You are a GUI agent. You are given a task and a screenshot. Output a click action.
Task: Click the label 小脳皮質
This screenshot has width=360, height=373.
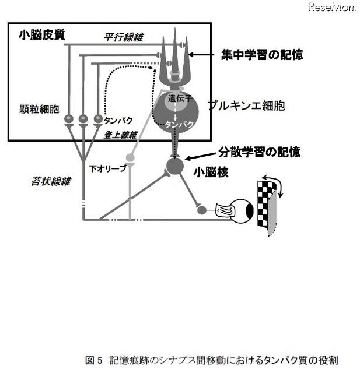click(42, 35)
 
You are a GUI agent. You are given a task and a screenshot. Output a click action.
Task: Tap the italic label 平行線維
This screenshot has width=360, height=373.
click(124, 37)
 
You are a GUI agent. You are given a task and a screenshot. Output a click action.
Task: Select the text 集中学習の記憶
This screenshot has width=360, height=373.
click(262, 54)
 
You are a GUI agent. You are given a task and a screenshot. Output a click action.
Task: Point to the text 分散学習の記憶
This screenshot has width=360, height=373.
click(260, 152)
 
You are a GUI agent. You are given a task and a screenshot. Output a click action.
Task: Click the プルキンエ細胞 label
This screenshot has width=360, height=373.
click(246, 105)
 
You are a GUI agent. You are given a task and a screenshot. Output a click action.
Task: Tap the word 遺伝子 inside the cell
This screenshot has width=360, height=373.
click(180, 98)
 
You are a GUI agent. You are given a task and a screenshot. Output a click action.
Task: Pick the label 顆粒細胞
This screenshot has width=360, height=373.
click(39, 109)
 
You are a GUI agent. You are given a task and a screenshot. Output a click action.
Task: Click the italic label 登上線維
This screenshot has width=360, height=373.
click(120, 135)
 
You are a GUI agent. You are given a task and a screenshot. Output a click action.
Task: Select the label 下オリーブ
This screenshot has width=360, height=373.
click(107, 168)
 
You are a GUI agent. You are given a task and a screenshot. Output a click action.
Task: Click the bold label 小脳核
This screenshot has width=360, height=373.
click(211, 172)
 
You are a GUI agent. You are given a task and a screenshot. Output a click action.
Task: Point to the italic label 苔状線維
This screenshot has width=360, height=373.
click(51, 181)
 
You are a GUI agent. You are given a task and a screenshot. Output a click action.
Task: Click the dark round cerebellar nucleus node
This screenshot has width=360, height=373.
click(175, 166)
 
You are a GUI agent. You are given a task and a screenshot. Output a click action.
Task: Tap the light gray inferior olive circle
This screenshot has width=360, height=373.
click(130, 157)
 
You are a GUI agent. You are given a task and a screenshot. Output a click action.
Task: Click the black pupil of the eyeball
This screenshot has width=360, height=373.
click(250, 210)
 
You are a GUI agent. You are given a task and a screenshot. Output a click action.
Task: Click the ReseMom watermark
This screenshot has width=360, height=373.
click(333, 7)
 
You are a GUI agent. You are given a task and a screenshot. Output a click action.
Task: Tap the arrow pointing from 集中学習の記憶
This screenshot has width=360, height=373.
click(201, 55)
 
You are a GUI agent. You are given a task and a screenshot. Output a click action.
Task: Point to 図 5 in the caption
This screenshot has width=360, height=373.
click(93, 360)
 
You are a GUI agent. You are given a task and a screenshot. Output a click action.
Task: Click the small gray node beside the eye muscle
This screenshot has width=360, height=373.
click(202, 210)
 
